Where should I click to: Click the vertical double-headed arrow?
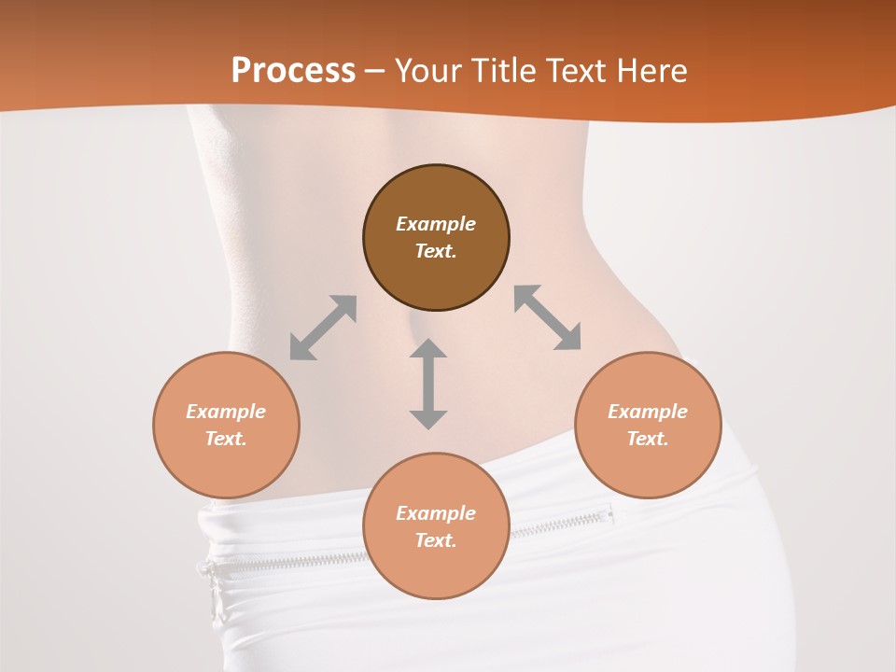428,384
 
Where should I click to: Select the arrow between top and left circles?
323,328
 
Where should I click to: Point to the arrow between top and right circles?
547,317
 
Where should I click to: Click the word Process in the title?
293,71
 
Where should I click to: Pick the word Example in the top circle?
436,224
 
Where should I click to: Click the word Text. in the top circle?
436,251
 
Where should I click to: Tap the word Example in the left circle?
226,412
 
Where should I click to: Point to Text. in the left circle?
226,439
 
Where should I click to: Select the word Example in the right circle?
648,412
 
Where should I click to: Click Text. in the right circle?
648,439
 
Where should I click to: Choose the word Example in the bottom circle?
436,513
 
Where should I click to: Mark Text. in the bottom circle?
436,540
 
